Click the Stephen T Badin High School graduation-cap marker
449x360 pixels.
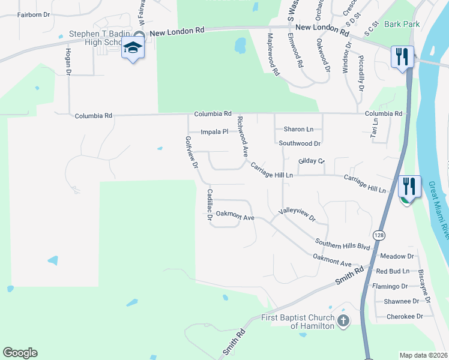(x=133, y=48)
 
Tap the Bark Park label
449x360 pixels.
(x=402, y=24)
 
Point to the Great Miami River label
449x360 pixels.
(x=439, y=213)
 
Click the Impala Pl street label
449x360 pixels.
(x=214, y=131)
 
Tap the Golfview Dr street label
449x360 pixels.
(x=191, y=153)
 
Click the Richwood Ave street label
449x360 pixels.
(x=242, y=137)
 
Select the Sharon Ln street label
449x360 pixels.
(x=298, y=129)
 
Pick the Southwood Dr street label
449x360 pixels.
(x=300, y=143)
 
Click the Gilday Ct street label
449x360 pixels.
(x=311, y=161)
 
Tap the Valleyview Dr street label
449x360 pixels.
(x=297, y=215)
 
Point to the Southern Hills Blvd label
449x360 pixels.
(x=343, y=244)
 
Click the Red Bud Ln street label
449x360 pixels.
(x=393, y=271)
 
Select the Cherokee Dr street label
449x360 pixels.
(x=405, y=316)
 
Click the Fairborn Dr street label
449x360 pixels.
(x=34, y=14)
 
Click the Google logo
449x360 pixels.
(x=20, y=353)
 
